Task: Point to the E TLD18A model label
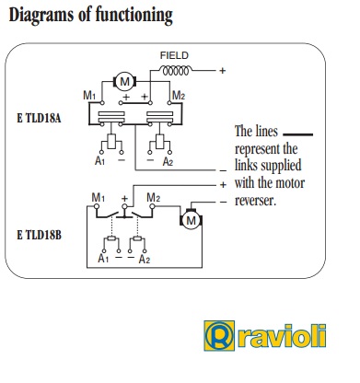[x=40, y=120]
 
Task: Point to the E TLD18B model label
[x=40, y=236]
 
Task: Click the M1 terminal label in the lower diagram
[x=95, y=199]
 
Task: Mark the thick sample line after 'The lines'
[x=298, y=135]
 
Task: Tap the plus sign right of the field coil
[x=222, y=70]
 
